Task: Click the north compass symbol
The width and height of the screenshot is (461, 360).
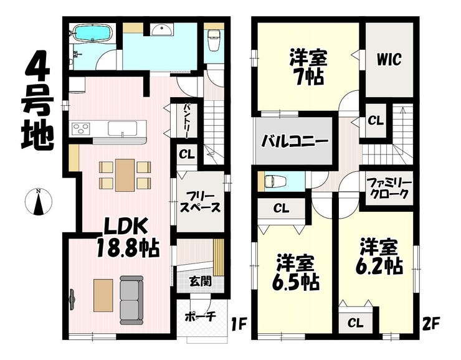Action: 39,204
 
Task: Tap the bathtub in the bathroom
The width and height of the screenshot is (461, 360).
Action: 91,33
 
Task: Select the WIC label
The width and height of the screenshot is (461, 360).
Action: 389,60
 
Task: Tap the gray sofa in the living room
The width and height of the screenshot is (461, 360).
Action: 131,295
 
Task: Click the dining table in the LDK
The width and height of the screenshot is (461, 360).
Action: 125,174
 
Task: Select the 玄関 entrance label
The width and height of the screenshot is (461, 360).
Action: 199,281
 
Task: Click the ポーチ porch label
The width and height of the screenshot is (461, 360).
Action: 200,317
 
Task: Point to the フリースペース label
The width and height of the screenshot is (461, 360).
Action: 199,201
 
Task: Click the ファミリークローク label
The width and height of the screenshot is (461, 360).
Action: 388,188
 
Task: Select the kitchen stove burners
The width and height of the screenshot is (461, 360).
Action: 81,129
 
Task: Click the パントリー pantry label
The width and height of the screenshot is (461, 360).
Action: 186,122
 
